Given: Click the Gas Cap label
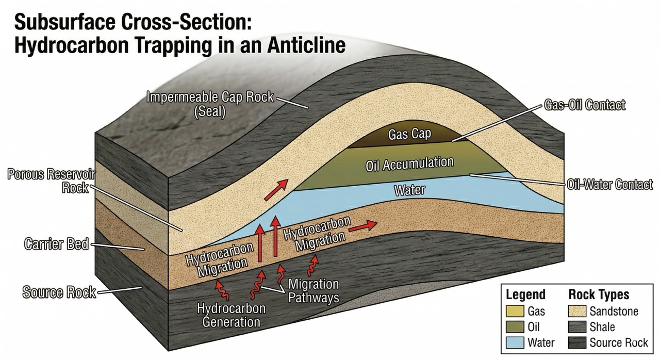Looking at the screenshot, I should pyautogui.click(x=410, y=135).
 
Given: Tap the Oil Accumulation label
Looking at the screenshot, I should pyautogui.click(x=409, y=165).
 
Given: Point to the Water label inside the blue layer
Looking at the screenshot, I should pyautogui.click(x=409, y=190).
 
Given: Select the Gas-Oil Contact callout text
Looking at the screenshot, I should pyautogui.click(x=584, y=105).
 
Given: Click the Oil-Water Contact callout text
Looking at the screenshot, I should pyautogui.click(x=610, y=184).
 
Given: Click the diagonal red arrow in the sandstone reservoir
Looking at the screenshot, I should pyautogui.click(x=277, y=190).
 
